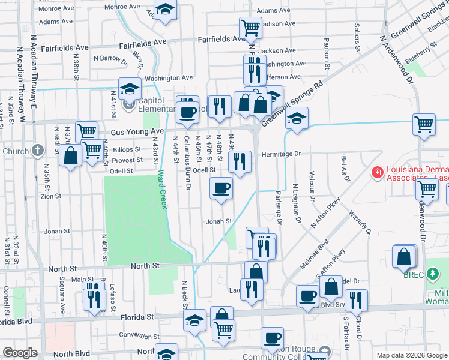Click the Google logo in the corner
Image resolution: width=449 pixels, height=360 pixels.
20,353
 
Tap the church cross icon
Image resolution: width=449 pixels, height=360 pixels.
38,151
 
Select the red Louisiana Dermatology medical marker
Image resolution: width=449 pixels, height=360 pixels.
377,173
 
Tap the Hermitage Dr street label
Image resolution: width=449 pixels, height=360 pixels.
280,154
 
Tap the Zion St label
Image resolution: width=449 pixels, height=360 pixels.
50,196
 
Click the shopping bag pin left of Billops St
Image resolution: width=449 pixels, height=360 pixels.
71,155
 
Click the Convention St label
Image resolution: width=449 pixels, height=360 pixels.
138,335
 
